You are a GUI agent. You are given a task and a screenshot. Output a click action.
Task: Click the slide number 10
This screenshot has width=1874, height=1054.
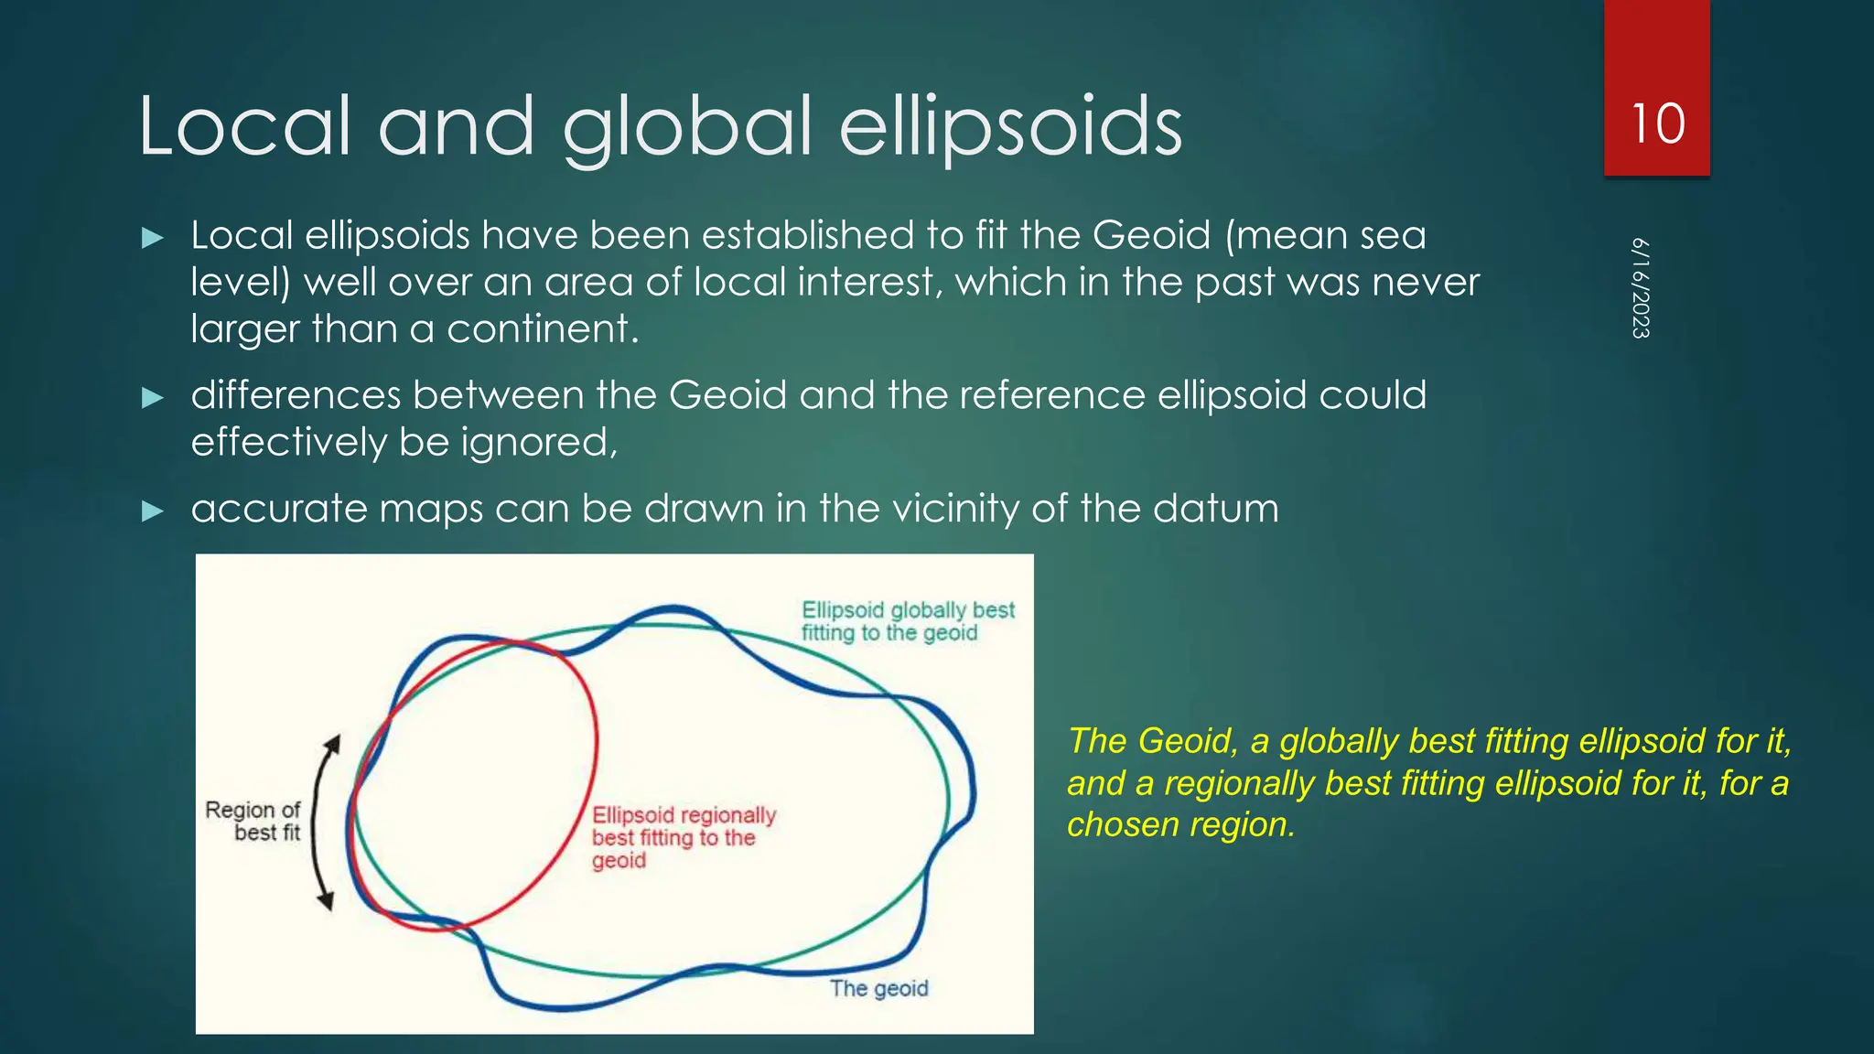coord(1657,124)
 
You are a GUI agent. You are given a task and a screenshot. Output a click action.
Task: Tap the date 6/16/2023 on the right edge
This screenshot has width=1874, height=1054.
coord(1641,288)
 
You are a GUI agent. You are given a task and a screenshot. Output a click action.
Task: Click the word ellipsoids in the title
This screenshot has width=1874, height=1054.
coord(1010,128)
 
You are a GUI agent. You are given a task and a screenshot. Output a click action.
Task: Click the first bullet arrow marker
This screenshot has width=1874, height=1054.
coord(153,239)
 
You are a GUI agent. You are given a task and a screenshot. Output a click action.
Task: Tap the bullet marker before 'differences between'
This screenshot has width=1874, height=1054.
coord(153,398)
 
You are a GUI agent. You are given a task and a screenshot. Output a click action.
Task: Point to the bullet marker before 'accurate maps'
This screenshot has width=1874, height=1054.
coord(153,511)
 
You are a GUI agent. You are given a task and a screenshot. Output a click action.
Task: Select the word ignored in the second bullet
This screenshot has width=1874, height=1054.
coord(538,443)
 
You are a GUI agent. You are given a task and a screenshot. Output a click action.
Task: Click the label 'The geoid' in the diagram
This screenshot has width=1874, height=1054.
coord(878,988)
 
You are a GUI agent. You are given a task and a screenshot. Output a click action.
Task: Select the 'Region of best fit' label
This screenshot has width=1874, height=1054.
coord(253,821)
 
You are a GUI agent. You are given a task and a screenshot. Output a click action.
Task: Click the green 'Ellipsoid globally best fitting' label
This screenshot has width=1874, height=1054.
coord(907,621)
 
